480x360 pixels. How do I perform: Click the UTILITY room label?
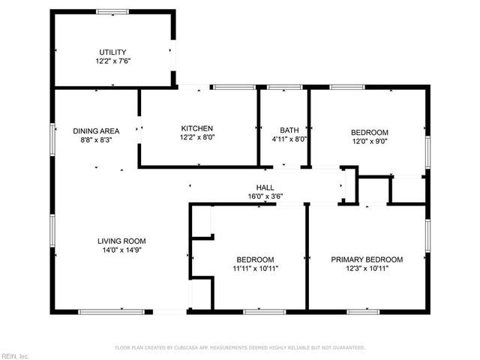(x=113, y=52)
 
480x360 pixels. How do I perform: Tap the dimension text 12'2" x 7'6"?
(x=113, y=61)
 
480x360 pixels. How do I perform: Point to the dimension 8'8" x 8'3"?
(x=96, y=139)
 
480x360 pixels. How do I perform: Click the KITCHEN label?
(x=196, y=128)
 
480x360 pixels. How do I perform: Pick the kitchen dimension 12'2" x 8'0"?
(x=196, y=138)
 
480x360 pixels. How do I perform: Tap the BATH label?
(x=289, y=129)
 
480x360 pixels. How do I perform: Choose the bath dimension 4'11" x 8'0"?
(x=289, y=139)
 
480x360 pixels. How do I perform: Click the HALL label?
(x=265, y=187)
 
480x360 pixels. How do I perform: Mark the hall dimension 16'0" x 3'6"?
(x=265, y=196)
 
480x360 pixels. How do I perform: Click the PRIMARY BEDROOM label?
(x=367, y=259)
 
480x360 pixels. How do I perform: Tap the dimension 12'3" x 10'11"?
(x=367, y=268)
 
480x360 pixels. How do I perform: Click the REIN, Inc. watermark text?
(x=15, y=355)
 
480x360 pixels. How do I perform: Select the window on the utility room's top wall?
(x=112, y=11)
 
